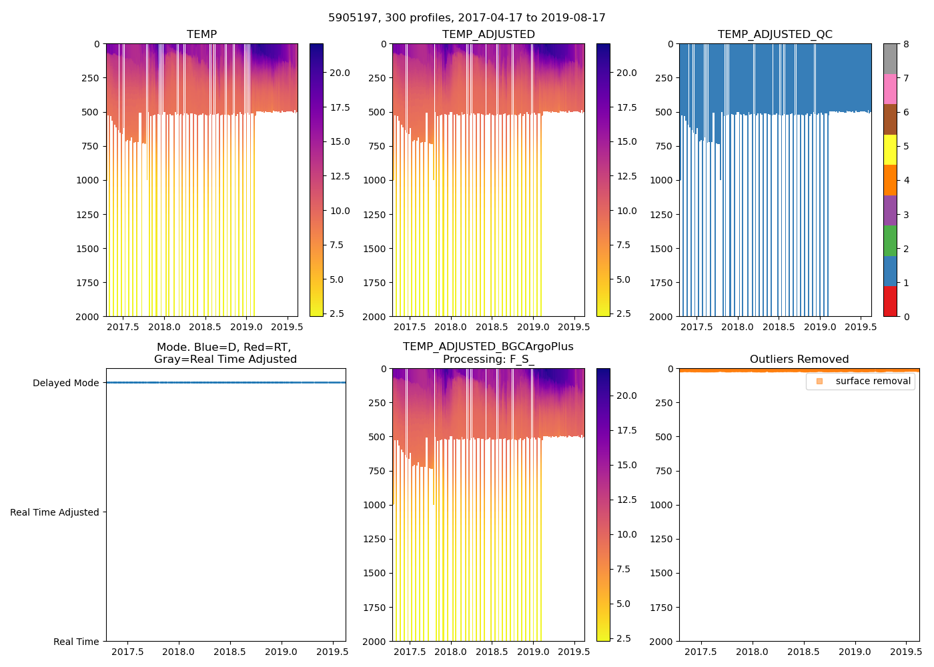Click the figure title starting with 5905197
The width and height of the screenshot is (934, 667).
pos(467,18)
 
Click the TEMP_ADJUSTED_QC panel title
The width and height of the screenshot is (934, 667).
pos(775,34)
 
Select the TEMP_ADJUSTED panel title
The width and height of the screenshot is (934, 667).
pos(488,34)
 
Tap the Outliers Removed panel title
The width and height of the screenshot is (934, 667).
pos(799,359)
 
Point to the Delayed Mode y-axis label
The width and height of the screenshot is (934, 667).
pos(65,383)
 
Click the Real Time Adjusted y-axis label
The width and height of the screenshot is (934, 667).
pos(55,512)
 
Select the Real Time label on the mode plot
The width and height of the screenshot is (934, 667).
pos(76,642)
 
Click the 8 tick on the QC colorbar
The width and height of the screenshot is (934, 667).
pos(906,44)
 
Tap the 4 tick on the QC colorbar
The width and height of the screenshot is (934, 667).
pos(906,180)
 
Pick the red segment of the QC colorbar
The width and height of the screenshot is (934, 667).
pos(890,301)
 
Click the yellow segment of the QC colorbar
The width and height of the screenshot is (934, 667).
pos(890,149)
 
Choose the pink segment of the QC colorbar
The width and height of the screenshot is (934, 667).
pos(890,89)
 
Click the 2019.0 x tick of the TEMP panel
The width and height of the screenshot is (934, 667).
pos(246,327)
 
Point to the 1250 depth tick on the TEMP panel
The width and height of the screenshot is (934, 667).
pos(87,215)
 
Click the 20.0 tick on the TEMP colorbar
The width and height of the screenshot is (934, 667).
pos(340,73)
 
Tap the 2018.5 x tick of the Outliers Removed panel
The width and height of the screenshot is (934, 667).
pos(803,652)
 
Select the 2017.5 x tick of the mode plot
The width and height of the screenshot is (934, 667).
pos(127,652)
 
